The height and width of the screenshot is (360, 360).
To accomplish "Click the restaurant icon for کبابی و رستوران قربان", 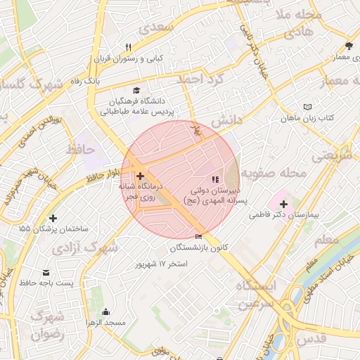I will pyautogui.click(x=128, y=47).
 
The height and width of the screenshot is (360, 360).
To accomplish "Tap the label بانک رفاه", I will pyautogui.click(x=105, y=81).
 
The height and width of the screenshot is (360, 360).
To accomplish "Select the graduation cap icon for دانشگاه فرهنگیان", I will pyautogui.click(x=136, y=90).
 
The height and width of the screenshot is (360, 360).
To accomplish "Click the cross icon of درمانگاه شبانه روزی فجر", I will pyautogui.click(x=140, y=176).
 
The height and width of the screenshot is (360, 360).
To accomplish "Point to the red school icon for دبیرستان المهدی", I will pyautogui.click(x=215, y=179).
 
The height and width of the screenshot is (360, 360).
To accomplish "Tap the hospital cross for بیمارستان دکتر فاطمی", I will pyautogui.click(x=283, y=204).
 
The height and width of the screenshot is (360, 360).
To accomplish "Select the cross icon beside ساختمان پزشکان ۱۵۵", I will pyautogui.click(x=53, y=218).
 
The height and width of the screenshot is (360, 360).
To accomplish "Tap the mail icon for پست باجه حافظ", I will pyautogui.click(x=46, y=272).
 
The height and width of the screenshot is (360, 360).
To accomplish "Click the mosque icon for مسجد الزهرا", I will pyautogui.click(x=105, y=312).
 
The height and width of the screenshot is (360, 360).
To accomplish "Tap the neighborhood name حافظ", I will pyautogui.click(x=80, y=149).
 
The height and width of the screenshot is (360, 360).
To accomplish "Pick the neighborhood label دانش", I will pyautogui.click(x=226, y=120).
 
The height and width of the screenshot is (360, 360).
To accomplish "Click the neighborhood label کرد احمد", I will pyautogui.click(x=199, y=79).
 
